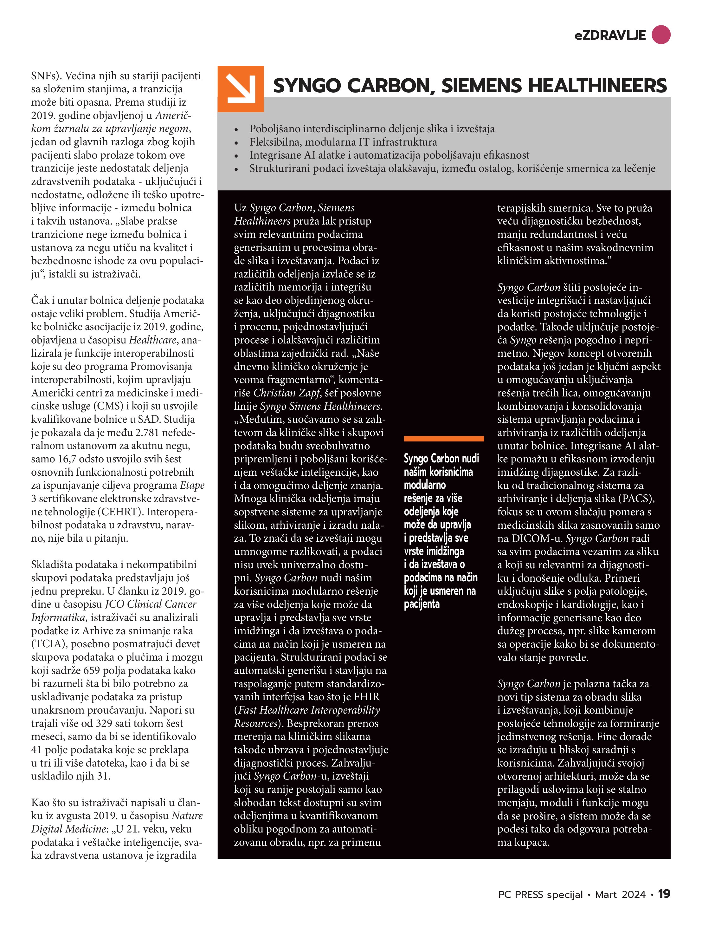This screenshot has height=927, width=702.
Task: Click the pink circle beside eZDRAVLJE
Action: pos(660,35)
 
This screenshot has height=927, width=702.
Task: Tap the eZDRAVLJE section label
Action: pos(610,36)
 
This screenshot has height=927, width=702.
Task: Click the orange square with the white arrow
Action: pos(241,89)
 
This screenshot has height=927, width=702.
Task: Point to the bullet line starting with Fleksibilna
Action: pos(343,142)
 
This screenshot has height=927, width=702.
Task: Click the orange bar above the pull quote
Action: pos(444,438)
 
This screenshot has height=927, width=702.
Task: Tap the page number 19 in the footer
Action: pos(664,894)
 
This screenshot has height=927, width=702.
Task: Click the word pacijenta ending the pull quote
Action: pos(422,604)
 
